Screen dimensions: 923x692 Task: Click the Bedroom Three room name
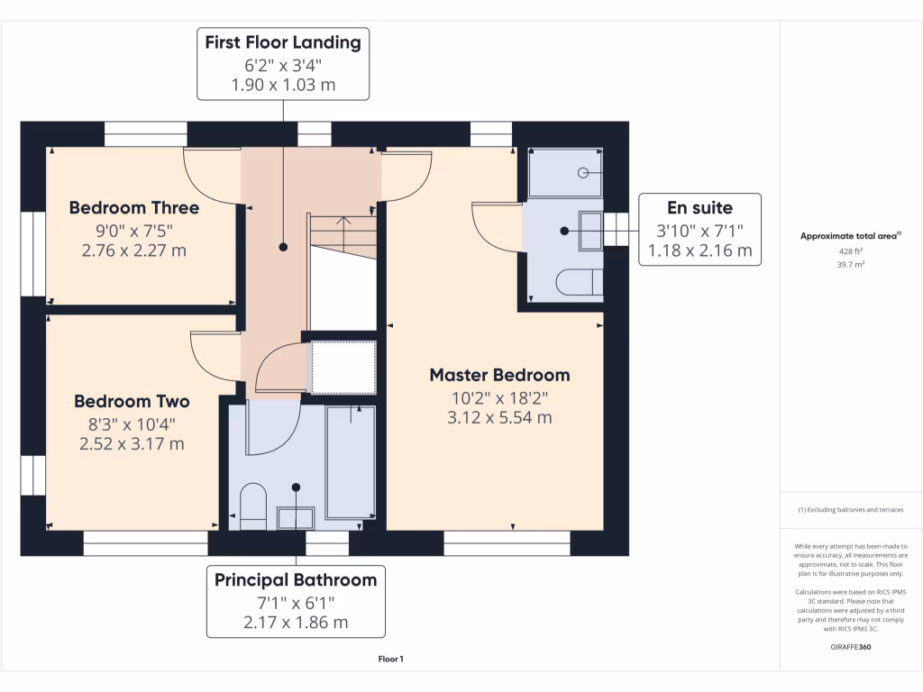tap(134, 208)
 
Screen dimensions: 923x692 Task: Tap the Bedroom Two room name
tap(132, 401)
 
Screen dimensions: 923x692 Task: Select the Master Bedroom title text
tap(499, 375)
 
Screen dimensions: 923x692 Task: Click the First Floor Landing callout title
tap(283, 42)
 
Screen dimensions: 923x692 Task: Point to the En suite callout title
tap(699, 208)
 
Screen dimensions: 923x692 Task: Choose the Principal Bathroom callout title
tap(296, 580)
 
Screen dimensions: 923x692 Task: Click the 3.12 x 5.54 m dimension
tap(499, 418)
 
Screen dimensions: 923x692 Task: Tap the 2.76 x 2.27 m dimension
tap(134, 250)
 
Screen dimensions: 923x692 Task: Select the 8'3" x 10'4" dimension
tap(132, 424)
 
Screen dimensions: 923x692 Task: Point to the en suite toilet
tap(580, 282)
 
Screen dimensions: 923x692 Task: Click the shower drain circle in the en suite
tap(583, 172)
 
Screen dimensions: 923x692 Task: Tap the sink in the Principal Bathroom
tap(296, 518)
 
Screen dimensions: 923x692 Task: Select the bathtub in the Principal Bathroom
tap(351, 462)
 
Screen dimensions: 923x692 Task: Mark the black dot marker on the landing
tap(283, 247)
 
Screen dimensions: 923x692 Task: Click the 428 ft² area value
tap(851, 251)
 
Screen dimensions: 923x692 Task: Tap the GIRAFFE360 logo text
tap(851, 647)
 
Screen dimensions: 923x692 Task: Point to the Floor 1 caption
tap(391, 659)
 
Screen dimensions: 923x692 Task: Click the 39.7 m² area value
tap(851, 265)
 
